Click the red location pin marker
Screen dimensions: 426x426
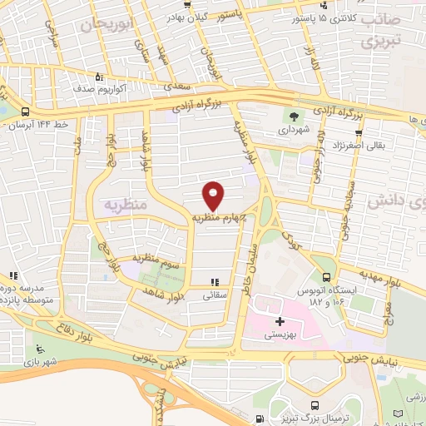click(215, 196)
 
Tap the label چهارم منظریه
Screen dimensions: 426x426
click(219, 217)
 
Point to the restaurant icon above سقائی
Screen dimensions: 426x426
click(216, 283)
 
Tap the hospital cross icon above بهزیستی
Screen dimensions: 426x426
click(279, 320)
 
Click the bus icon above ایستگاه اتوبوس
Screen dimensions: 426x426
click(327, 279)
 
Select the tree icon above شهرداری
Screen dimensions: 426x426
click(294, 116)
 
